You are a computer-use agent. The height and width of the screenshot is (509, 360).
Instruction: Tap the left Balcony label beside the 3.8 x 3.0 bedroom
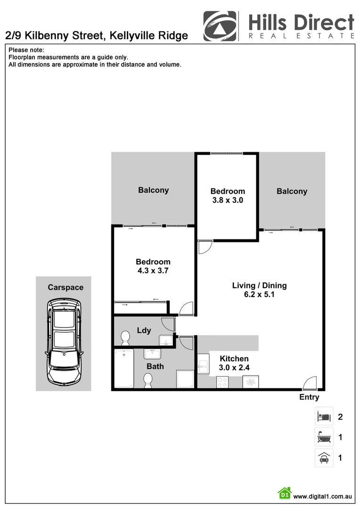[x=153, y=190]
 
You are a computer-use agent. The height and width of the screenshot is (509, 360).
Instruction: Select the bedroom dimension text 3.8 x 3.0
[x=228, y=200]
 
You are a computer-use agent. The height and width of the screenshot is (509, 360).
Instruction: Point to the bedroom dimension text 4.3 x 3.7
[x=153, y=271]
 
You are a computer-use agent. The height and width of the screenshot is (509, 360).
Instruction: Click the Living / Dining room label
[x=259, y=286]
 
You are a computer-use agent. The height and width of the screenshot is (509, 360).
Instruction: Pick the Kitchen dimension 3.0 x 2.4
[x=234, y=368]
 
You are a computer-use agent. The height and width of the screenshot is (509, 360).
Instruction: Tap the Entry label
[x=309, y=397]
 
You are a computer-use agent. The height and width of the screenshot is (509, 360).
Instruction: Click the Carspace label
[x=65, y=287]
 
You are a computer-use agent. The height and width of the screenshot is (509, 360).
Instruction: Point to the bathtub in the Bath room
[x=124, y=368]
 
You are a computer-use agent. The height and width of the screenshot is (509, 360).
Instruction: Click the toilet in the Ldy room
[x=125, y=337]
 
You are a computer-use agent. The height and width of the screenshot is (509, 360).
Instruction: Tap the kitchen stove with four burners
[x=222, y=382]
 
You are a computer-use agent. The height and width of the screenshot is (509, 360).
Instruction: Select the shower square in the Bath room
[x=185, y=378]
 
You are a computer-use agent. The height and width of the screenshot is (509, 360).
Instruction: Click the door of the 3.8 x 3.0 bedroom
[x=205, y=247]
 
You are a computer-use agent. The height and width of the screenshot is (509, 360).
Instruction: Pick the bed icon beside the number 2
[x=324, y=417]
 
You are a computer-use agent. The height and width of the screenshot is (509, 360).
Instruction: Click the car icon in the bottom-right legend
[x=324, y=457]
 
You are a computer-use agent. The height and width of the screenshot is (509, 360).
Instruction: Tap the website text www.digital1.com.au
[x=323, y=496]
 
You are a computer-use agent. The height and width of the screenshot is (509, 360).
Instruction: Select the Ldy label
[x=144, y=330]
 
